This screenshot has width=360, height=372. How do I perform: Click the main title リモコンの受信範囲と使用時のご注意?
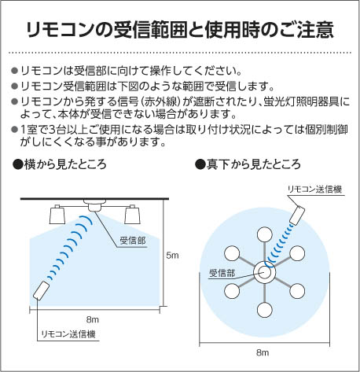pyautogui.click(x=180, y=30)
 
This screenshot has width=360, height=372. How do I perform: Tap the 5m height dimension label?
pyautogui.click(x=172, y=256)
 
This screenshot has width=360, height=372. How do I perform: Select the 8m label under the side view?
pyautogui.click(x=93, y=319)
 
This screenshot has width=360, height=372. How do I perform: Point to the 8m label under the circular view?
pyautogui.click(x=263, y=352)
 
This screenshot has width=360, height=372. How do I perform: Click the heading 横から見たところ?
pyautogui.click(x=60, y=164)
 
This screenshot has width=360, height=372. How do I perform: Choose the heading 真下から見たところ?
pyautogui.click(x=248, y=164)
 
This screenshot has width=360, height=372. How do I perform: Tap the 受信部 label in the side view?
pyautogui.click(x=133, y=241)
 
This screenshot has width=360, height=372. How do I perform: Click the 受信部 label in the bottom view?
pyautogui.click(x=222, y=273)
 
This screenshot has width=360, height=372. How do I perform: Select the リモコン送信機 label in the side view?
pyautogui.click(x=68, y=334)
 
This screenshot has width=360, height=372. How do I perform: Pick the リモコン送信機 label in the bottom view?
pyautogui.click(x=314, y=189)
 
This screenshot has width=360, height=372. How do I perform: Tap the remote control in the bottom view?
pyautogui.click(x=297, y=215)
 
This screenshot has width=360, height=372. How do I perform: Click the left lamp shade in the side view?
pyautogui.click(x=57, y=215)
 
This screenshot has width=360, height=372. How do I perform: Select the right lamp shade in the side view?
pyautogui.click(x=132, y=215)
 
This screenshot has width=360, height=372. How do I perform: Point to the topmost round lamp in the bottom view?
pyautogui.click(x=265, y=234)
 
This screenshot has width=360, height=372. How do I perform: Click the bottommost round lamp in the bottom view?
pyautogui.click(x=265, y=310)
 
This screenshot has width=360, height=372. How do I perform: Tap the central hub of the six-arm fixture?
pyautogui.click(x=265, y=272)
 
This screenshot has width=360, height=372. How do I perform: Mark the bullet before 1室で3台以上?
pyautogui.click(x=15, y=130)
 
